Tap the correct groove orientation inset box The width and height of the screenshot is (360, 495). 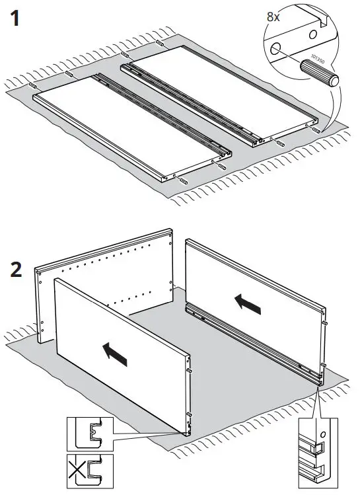point(89,434)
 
